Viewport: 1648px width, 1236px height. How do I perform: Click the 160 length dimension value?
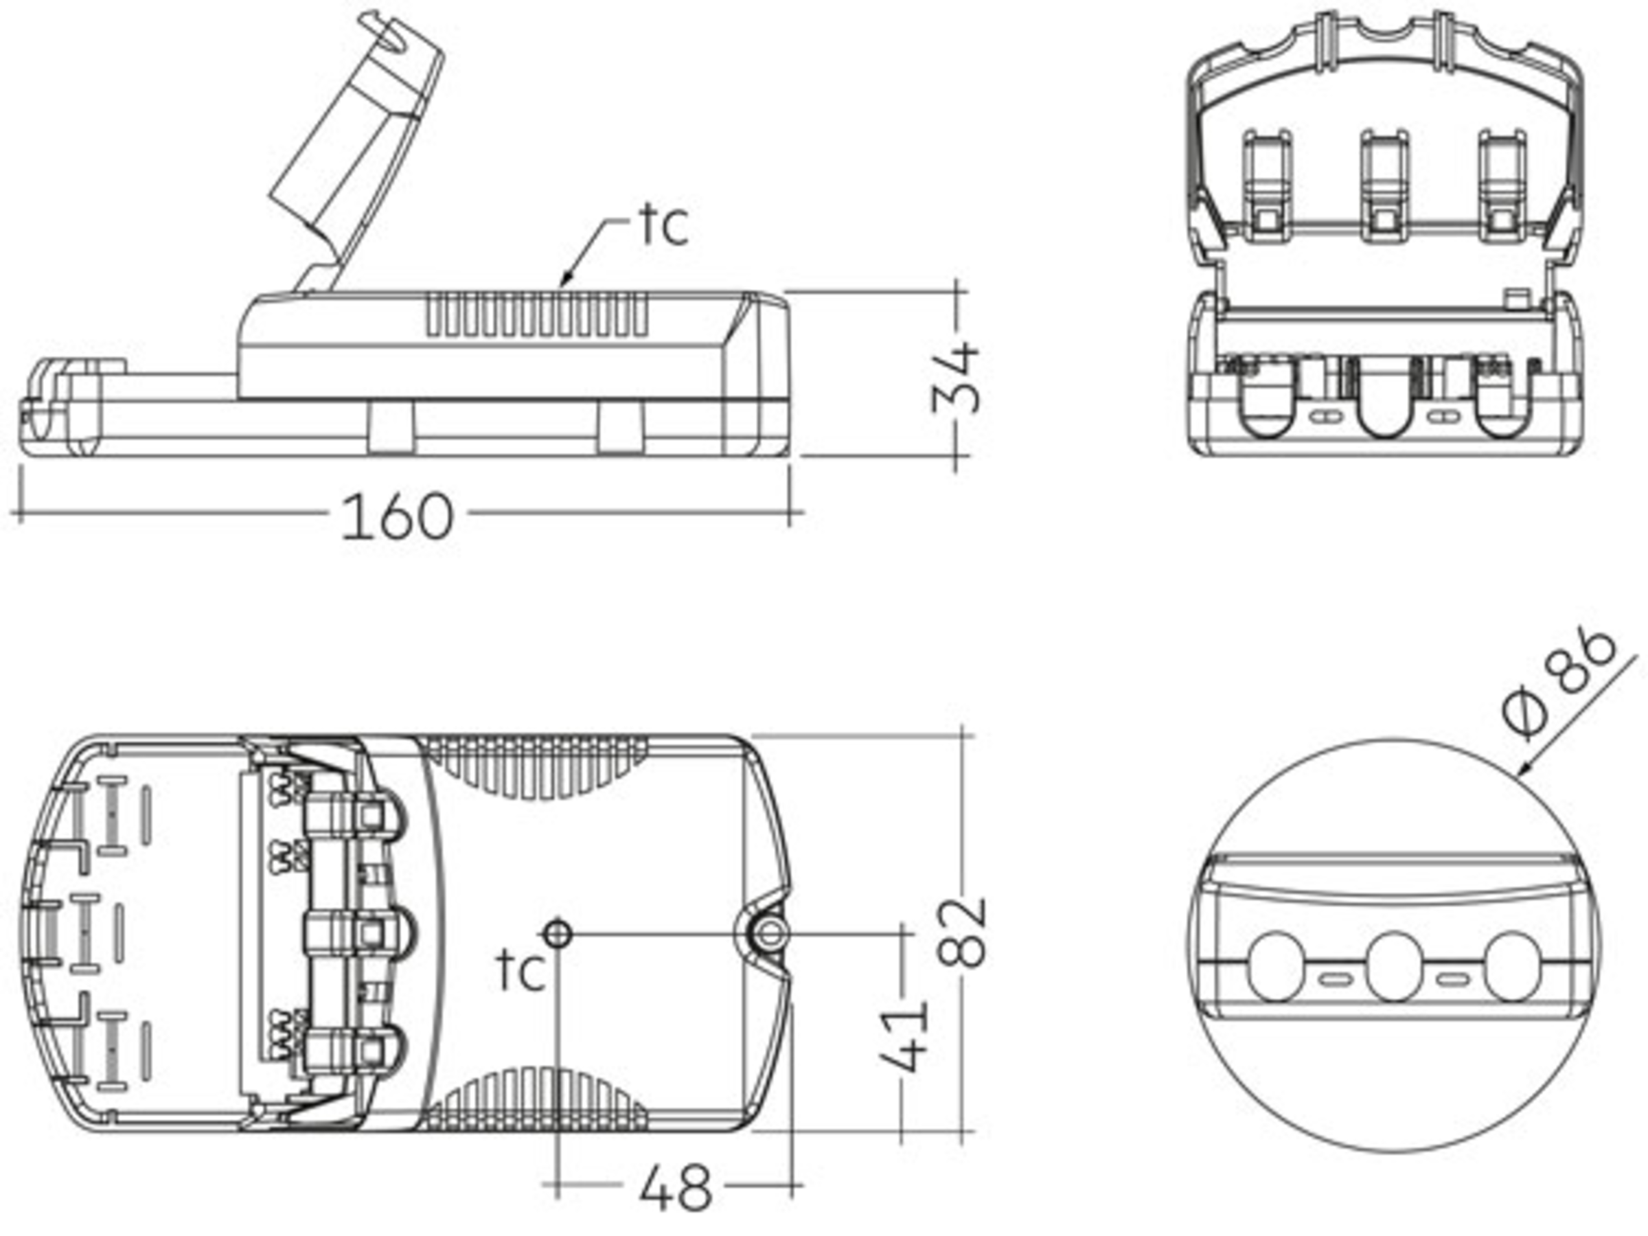coord(396,516)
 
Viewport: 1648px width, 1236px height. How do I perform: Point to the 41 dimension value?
coord(904,1036)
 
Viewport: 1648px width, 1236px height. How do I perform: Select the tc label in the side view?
coord(664,225)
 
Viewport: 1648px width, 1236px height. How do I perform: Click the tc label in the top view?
coord(520,971)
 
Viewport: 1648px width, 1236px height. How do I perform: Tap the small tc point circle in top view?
coord(558,932)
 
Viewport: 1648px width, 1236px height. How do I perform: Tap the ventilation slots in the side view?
coord(536,313)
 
